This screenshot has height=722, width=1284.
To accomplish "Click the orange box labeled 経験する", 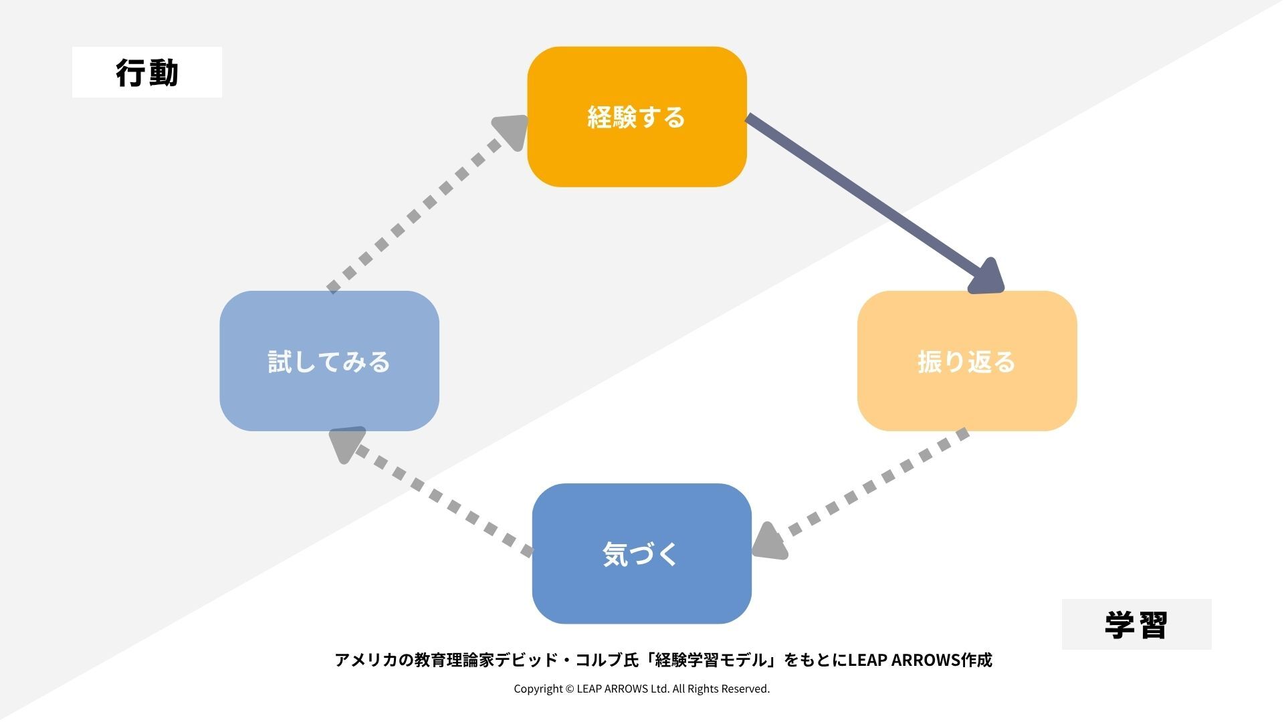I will click(637, 117).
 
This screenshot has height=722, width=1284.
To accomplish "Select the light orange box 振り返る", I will click(966, 361).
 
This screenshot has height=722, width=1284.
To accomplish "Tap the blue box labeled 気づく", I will click(641, 554).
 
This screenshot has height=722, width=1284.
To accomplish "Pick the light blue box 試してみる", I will click(329, 361).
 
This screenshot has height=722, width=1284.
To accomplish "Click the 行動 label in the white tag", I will click(147, 72).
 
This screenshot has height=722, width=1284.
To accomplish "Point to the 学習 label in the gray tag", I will click(1136, 624).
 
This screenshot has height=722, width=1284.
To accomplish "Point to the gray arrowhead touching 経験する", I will click(512, 131).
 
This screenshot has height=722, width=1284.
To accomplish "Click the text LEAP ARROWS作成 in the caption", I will click(920, 660).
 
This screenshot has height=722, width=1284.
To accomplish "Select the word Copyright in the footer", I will click(538, 689).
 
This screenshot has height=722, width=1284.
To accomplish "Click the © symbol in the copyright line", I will click(569, 689).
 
